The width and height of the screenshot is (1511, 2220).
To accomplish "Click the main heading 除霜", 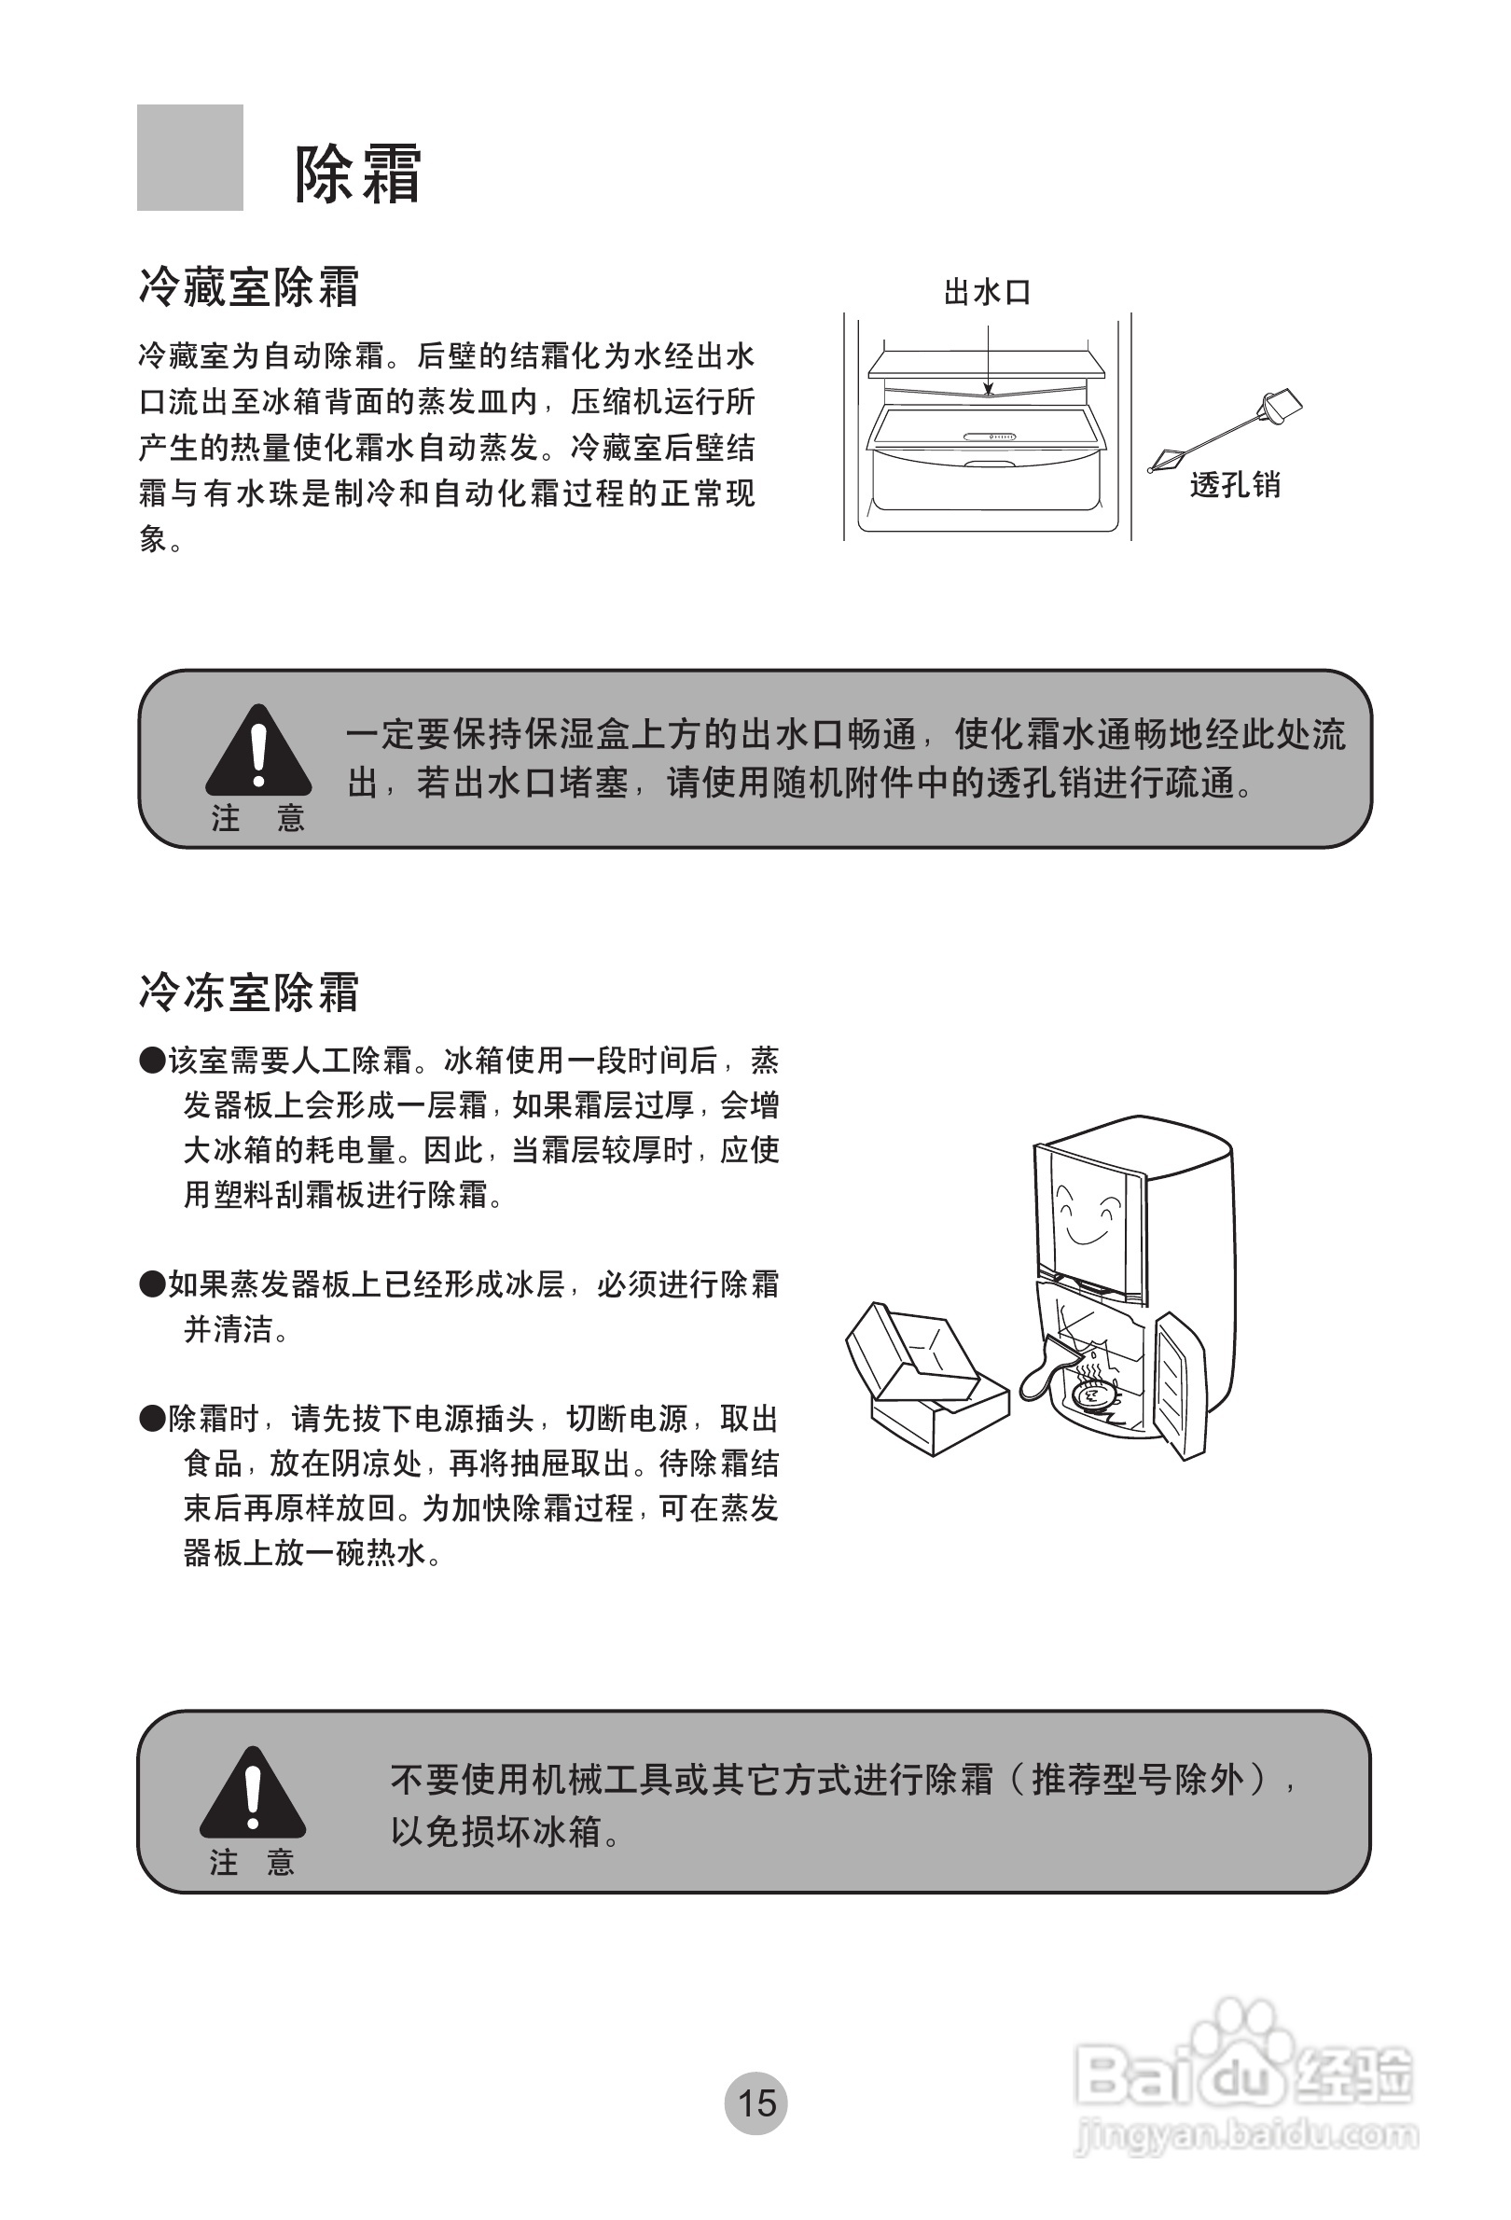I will click(x=357, y=173).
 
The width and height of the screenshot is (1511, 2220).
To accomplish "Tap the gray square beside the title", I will click(x=189, y=158).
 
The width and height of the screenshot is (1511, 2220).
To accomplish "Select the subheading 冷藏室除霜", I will click(x=248, y=286).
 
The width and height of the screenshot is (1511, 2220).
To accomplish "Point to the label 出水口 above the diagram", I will click(x=987, y=292).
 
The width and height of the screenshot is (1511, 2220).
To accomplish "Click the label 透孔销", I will click(x=1234, y=485).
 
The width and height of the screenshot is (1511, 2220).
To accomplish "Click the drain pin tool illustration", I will click(x=1226, y=431).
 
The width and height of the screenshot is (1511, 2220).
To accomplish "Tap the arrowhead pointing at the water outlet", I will click(x=988, y=389).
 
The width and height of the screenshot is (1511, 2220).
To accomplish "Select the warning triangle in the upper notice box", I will click(x=257, y=753).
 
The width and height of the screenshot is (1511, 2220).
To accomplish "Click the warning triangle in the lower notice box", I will click(x=252, y=1793).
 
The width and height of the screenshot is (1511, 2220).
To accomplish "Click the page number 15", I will click(x=755, y=2102).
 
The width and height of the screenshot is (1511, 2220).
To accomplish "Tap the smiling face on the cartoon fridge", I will click(x=1089, y=1214).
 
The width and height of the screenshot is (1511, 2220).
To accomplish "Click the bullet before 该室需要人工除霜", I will click(x=152, y=1061).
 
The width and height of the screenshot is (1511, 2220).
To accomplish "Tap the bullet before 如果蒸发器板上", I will click(x=152, y=1284).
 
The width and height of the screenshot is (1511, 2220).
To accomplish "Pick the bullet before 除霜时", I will click(x=152, y=1419).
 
